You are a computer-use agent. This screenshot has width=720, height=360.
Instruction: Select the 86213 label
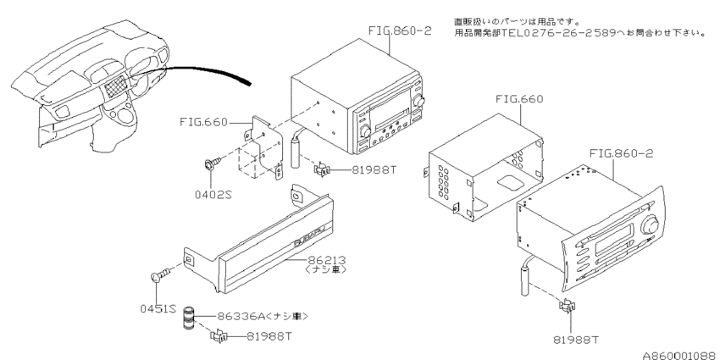click(330, 259)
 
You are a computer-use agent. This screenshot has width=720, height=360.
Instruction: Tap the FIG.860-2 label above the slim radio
click(612, 155)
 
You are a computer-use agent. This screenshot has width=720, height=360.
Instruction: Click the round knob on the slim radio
click(651, 226)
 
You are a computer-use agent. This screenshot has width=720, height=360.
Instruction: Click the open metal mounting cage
click(483, 165)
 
